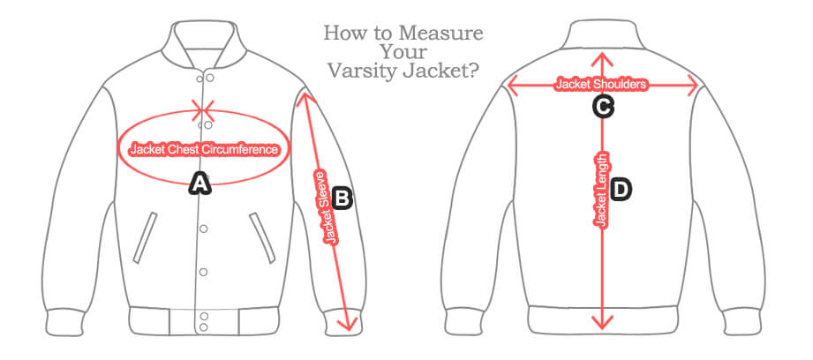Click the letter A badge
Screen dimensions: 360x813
[200, 184]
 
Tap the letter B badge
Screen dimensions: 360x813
[343, 198]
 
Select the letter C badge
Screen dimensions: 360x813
[602, 107]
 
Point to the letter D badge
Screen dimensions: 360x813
[621, 189]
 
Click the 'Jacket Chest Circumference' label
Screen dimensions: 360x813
[204, 149]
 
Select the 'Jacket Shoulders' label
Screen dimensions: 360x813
[601, 85]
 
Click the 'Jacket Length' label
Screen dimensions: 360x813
[602, 190]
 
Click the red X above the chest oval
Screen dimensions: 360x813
[204, 110]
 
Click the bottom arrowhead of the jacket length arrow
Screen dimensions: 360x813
[602, 323]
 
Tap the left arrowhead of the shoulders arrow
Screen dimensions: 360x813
[510, 85]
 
